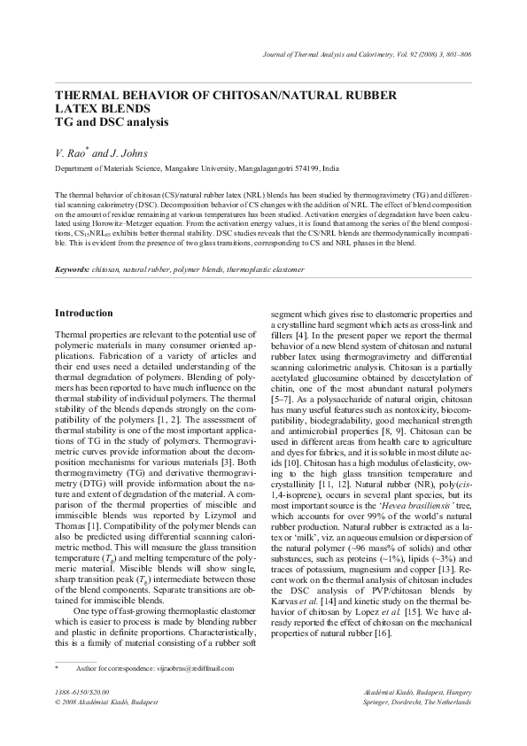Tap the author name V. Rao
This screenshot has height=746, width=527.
point(70,152)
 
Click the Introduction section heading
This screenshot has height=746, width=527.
point(83,313)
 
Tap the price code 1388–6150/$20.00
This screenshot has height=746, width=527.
point(81,690)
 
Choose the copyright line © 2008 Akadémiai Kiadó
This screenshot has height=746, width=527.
point(106,701)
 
